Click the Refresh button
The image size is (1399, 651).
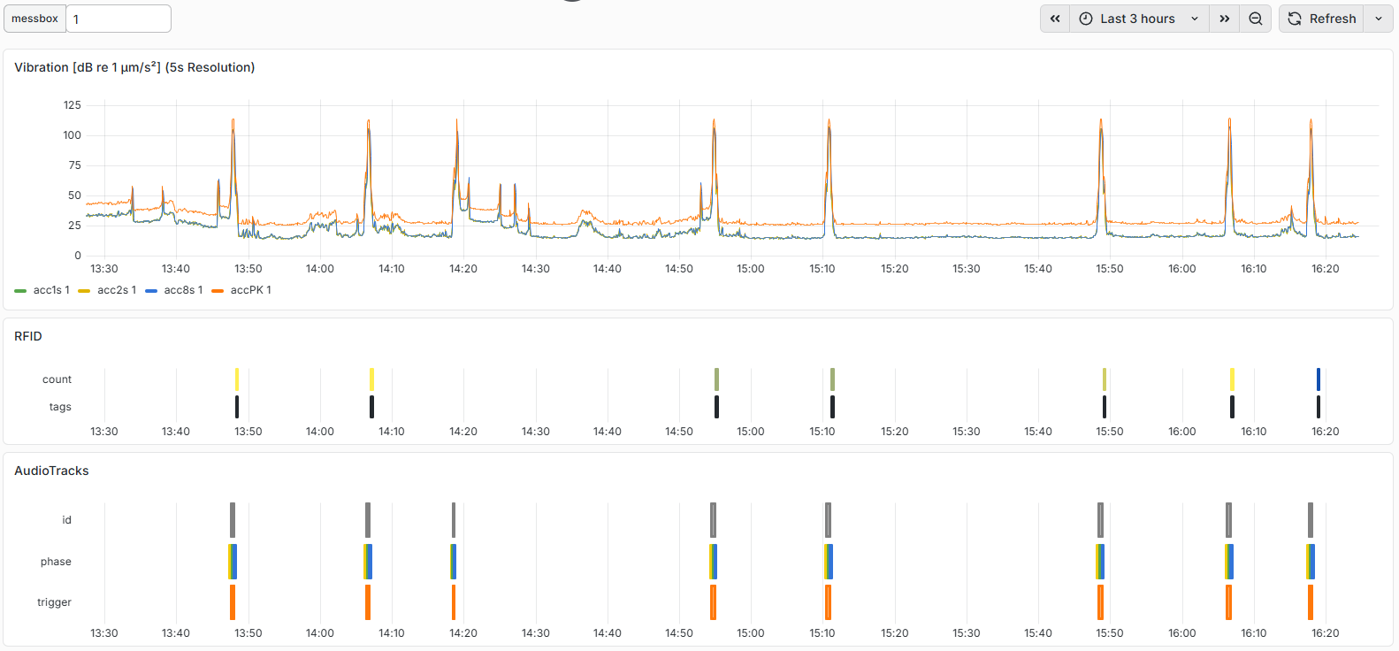(x=1323, y=19)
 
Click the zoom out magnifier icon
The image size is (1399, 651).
(x=1256, y=19)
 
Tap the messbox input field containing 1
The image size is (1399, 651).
(x=118, y=19)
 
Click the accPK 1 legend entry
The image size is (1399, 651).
(x=241, y=290)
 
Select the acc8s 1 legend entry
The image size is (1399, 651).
(x=174, y=290)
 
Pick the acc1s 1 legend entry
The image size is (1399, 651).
(x=42, y=290)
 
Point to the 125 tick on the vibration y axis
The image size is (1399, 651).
(x=73, y=105)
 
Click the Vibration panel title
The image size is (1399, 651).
(x=134, y=67)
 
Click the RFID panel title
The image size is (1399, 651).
(x=28, y=336)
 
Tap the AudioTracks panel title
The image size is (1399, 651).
(x=51, y=471)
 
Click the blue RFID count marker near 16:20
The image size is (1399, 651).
(x=1319, y=379)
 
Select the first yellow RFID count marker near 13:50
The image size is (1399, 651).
(x=237, y=379)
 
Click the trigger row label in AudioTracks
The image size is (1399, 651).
(x=54, y=602)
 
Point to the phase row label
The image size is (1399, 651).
(x=57, y=562)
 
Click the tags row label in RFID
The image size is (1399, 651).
(x=61, y=407)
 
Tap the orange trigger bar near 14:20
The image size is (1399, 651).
(x=454, y=602)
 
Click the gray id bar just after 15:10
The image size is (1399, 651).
(x=828, y=520)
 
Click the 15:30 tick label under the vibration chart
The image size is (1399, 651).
(x=967, y=269)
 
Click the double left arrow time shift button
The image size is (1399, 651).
(x=1055, y=19)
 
